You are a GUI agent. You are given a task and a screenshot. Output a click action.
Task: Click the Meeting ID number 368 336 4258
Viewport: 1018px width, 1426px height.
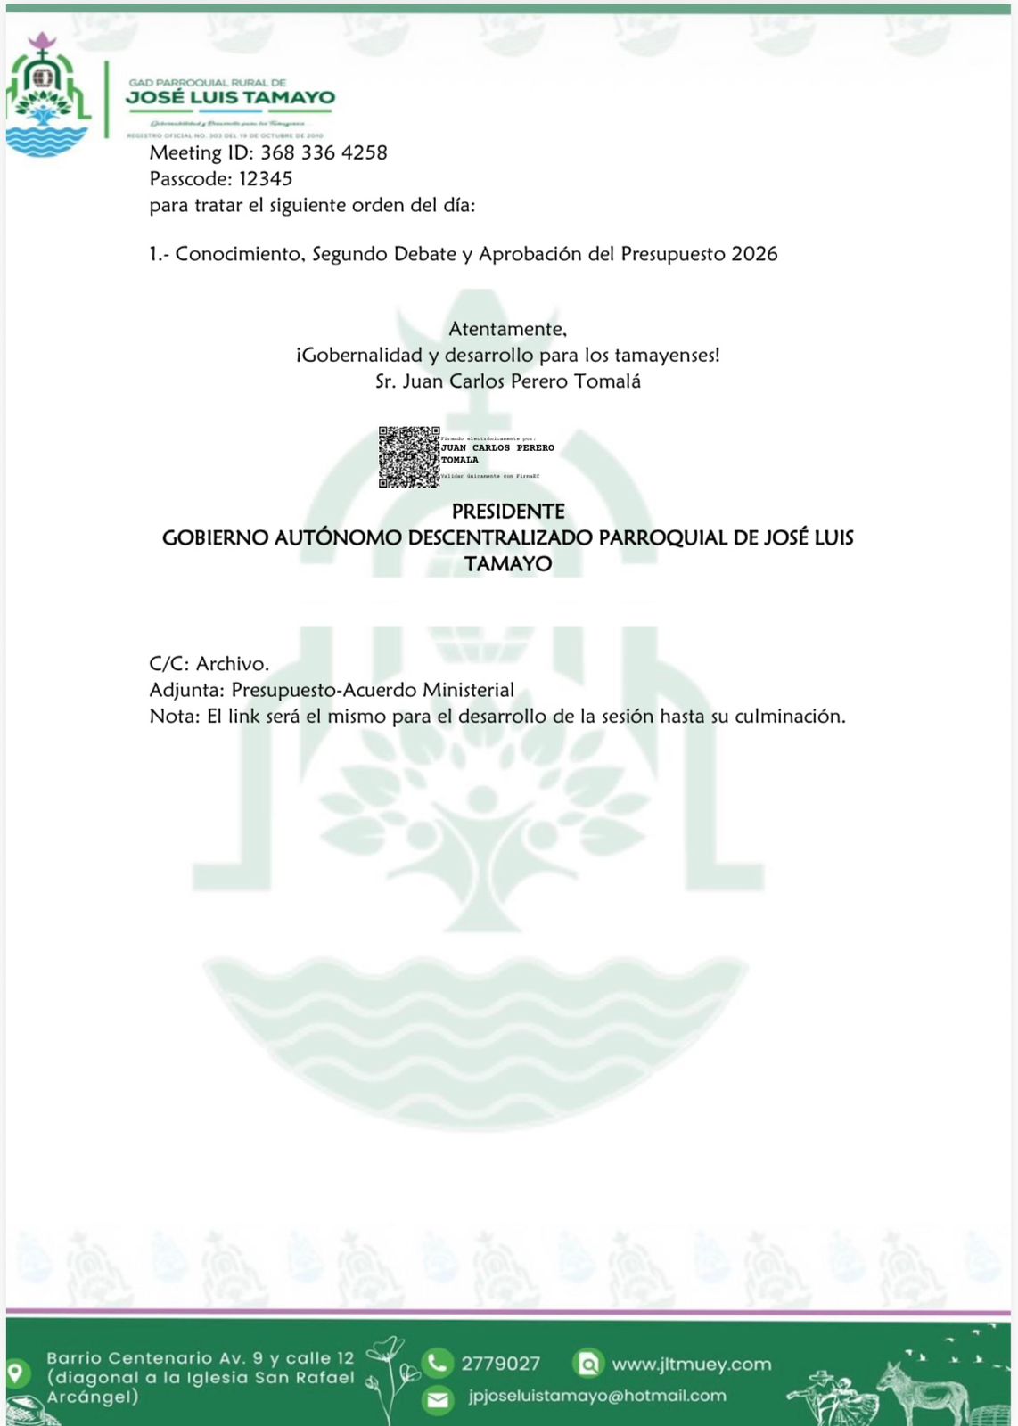(324, 152)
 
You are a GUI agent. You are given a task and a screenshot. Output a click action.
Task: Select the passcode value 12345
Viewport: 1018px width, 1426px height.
(266, 179)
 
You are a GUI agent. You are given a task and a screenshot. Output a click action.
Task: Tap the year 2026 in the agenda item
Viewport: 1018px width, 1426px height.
(754, 254)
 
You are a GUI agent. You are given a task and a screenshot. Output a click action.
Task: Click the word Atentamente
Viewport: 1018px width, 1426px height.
(507, 329)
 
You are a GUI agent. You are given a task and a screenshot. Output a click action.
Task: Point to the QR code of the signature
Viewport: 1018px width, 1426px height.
(409, 456)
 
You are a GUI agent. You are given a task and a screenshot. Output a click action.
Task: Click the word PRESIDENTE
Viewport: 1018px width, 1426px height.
(508, 512)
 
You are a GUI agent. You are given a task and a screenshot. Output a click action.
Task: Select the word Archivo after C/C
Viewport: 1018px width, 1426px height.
(232, 664)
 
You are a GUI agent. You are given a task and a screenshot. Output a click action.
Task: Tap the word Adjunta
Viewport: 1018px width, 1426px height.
(186, 690)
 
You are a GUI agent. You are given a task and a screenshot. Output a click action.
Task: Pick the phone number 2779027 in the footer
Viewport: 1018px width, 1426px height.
(500, 1364)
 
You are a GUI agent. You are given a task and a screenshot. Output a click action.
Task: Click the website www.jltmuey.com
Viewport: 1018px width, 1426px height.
(691, 1364)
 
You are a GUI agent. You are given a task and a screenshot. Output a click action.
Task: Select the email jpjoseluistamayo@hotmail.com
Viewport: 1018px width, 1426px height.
(597, 1396)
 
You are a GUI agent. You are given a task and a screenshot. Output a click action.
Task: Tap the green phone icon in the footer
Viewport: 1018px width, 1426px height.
(437, 1363)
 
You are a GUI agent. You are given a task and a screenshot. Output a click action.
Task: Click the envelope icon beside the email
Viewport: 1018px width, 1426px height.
(437, 1399)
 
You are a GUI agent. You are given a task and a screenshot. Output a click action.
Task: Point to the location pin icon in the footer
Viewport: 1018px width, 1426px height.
(16, 1373)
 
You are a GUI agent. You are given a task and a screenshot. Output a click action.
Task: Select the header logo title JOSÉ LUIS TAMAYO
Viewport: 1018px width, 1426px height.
(231, 97)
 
